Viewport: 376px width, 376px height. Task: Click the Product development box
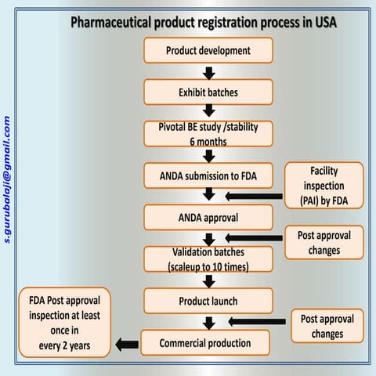pos(208,51)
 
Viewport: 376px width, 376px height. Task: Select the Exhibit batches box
pos(208,92)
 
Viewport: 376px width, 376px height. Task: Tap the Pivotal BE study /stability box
pos(208,133)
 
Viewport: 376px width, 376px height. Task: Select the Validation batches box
pos(208,258)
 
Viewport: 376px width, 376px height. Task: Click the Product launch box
pos(208,300)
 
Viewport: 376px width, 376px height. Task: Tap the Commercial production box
pos(205,342)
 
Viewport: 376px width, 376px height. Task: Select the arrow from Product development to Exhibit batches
pos(208,72)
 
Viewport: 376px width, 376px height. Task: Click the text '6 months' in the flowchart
pos(208,140)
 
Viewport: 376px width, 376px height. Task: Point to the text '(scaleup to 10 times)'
pos(208,266)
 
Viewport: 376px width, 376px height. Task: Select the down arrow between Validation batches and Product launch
pos(208,280)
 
